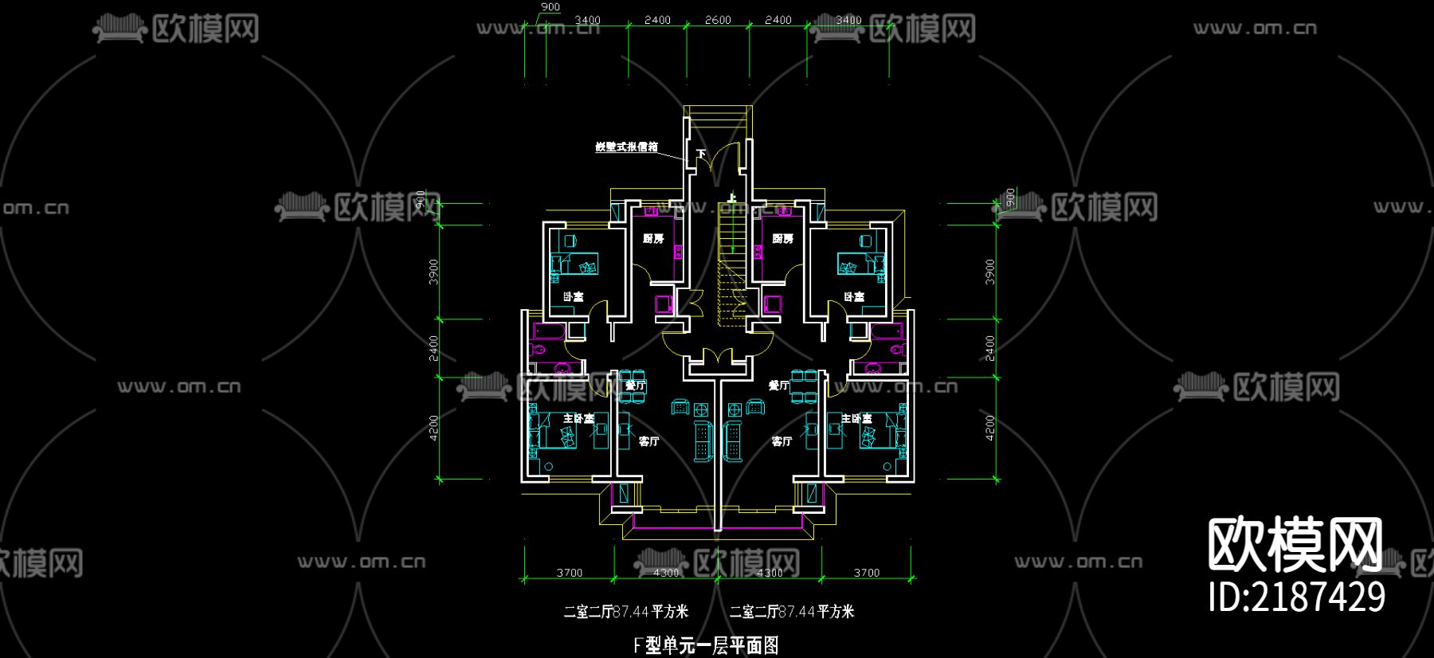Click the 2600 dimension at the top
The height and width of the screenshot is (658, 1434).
click(x=717, y=20)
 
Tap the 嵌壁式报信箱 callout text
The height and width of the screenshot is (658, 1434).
click(x=627, y=147)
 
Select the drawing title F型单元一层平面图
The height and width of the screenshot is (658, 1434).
click(x=706, y=645)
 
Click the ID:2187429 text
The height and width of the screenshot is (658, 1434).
click(x=1297, y=597)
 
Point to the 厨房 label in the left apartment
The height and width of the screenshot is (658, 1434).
click(x=653, y=238)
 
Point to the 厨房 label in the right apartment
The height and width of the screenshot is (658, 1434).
click(x=782, y=238)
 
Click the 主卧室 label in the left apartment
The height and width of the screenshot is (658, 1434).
click(x=578, y=418)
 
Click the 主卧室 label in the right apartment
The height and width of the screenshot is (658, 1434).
click(x=856, y=418)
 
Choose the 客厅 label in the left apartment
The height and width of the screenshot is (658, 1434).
click(x=648, y=441)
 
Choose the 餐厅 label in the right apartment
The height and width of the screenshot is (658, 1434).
click(x=778, y=386)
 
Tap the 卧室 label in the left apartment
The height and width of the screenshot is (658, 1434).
click(x=573, y=297)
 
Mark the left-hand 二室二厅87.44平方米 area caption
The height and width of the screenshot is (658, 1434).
click(x=626, y=612)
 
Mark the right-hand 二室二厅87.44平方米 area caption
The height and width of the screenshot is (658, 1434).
click(x=792, y=612)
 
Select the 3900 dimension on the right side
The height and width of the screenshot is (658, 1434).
click(x=990, y=272)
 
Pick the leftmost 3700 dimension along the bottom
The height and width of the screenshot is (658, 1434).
click(x=570, y=573)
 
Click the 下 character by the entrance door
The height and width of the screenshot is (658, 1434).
click(x=701, y=153)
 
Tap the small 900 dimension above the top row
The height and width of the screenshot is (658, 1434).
click(x=550, y=7)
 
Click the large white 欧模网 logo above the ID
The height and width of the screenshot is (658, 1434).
click(x=1295, y=545)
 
